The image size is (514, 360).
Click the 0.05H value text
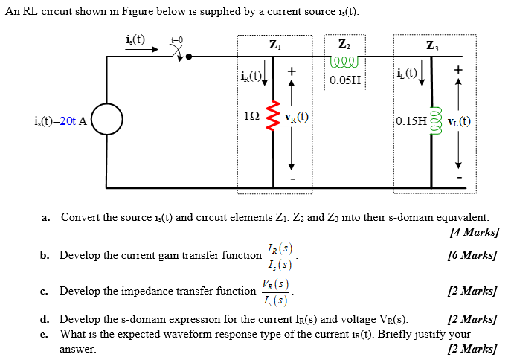click(x=345, y=80)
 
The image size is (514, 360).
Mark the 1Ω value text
click(x=251, y=118)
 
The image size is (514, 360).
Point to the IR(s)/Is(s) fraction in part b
click(x=279, y=255)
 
